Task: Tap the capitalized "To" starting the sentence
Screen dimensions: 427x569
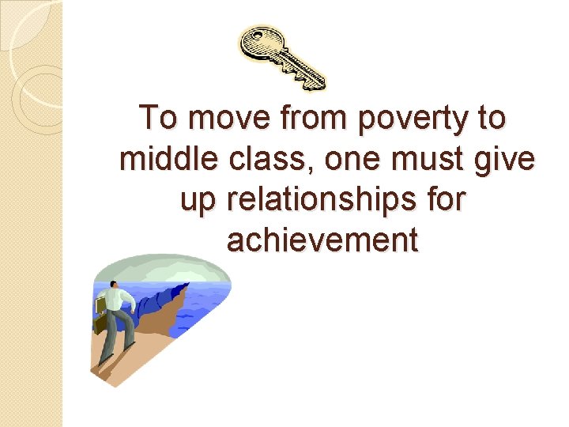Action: coord(156,119)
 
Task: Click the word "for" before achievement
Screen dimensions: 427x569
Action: coord(444,201)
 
